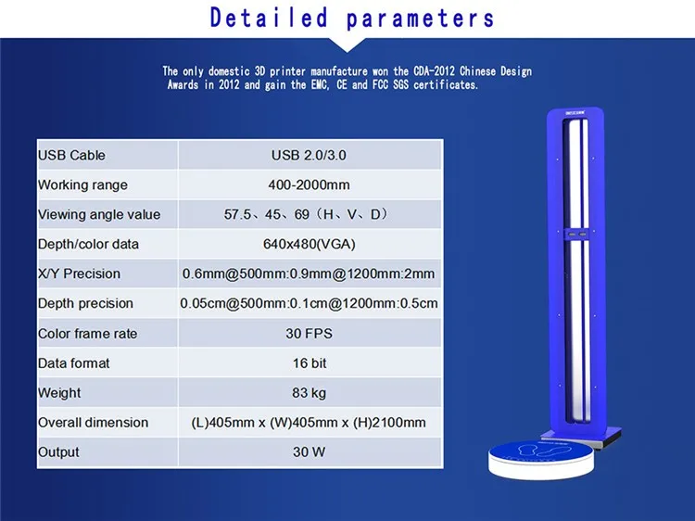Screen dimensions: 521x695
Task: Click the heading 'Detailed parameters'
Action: click(x=352, y=18)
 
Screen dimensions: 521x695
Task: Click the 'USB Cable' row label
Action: click(x=71, y=155)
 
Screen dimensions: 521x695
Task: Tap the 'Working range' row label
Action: click(x=82, y=184)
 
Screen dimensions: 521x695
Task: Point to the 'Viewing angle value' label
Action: click(x=99, y=214)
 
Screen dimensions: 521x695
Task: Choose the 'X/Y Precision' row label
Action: click(x=79, y=273)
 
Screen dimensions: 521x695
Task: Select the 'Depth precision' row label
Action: click(x=85, y=303)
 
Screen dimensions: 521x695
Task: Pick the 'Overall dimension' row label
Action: click(x=93, y=422)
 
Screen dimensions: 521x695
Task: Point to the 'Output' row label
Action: click(x=58, y=451)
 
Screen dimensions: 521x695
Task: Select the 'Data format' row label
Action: click(x=73, y=362)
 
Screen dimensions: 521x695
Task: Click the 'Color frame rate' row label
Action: click(x=86, y=333)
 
